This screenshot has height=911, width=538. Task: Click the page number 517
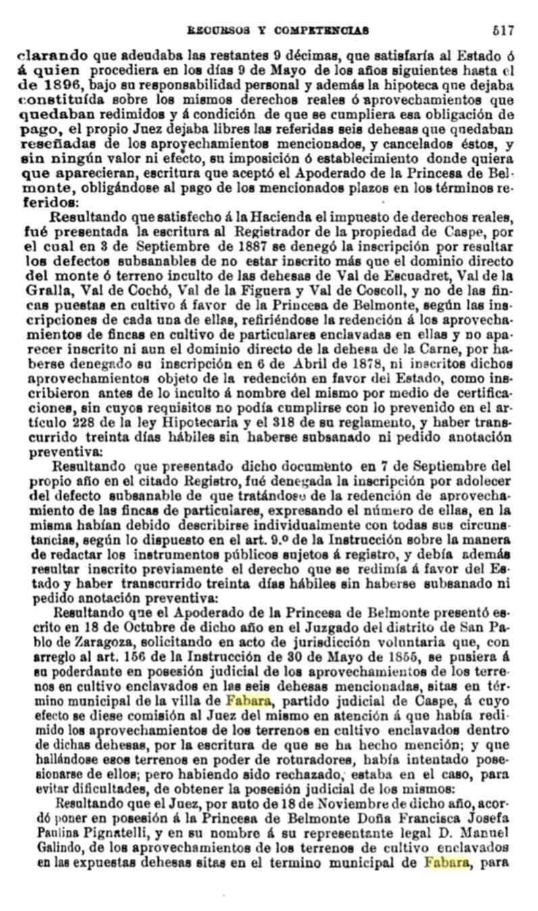(x=504, y=30)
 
